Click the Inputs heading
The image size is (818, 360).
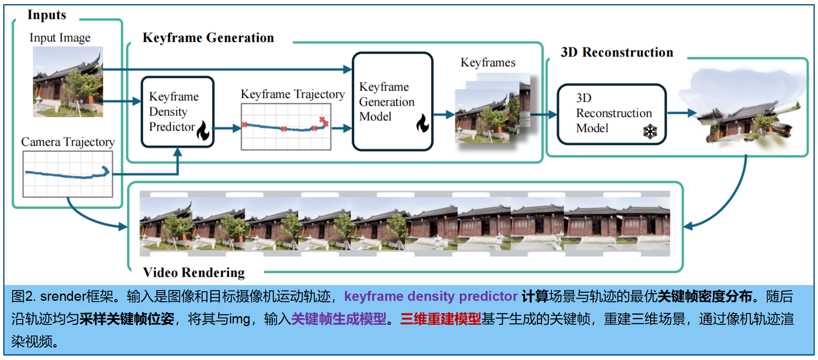click(47, 15)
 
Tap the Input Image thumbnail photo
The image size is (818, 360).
click(68, 82)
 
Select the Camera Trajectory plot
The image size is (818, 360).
click(68, 174)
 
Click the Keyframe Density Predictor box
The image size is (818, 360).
click(177, 112)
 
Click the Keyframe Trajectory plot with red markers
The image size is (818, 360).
click(286, 127)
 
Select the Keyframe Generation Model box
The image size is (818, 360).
click(392, 102)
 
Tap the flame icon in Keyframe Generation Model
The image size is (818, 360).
click(422, 122)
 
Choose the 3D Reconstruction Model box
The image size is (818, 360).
click(612, 114)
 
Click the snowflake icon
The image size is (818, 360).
click(650, 131)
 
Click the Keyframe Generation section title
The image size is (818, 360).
click(208, 38)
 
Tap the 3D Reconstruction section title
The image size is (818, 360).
click(617, 52)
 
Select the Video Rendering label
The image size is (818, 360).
click(194, 272)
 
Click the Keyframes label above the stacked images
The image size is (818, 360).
click(488, 62)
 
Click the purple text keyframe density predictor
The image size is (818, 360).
click(430, 296)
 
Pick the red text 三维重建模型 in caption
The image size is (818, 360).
click(440, 319)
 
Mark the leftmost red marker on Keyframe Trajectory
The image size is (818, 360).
click(244, 124)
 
